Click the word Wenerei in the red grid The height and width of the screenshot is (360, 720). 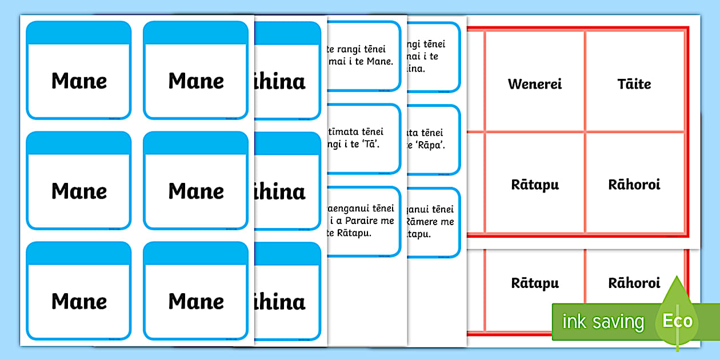[535, 84]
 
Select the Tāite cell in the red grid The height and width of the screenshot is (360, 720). [634, 84]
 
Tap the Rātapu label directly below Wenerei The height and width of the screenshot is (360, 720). [535, 185]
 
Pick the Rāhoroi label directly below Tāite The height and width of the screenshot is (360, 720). [634, 185]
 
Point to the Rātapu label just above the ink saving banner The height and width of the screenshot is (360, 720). [535, 283]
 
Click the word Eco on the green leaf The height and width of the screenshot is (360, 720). [677, 321]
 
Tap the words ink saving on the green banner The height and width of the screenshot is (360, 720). [603, 322]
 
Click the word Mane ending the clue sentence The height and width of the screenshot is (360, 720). [381, 61]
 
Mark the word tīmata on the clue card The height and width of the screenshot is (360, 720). [339, 132]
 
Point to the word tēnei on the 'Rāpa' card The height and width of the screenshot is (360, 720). [440, 132]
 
